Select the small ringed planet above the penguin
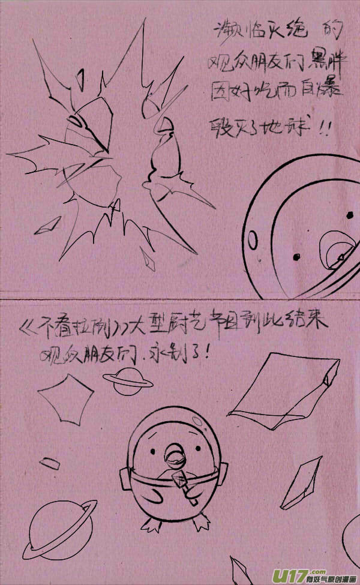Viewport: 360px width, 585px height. (x=127, y=381)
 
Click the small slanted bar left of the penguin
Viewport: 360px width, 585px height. (x=50, y=463)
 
